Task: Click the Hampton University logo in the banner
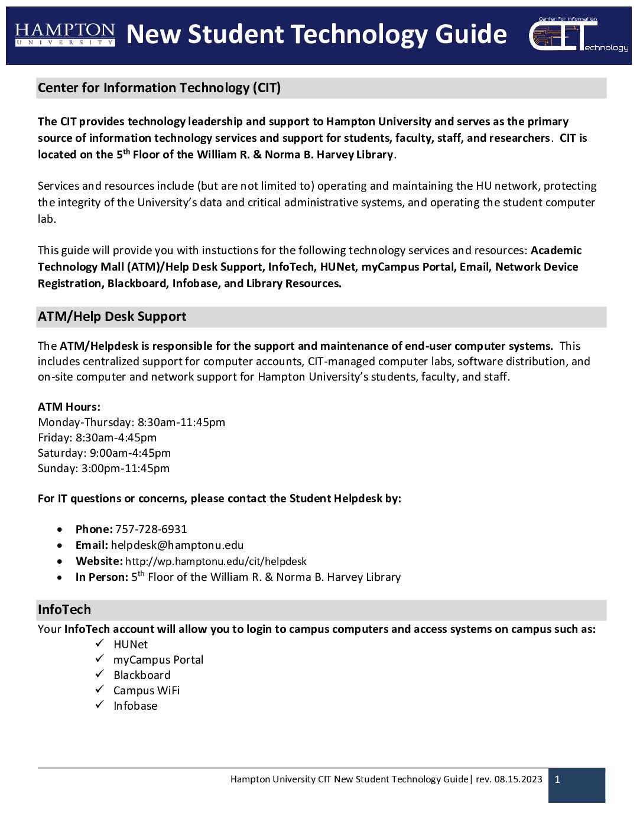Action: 65,35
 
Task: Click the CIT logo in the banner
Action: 578,35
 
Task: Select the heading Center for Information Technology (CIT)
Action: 159,88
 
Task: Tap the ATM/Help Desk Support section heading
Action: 112,317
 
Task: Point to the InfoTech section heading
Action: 64,610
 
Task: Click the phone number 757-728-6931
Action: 151,529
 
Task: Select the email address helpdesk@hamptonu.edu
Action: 177,545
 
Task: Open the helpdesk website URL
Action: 216,561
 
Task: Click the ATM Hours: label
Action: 69,407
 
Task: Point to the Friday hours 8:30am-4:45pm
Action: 116,438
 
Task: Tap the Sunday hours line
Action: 103,469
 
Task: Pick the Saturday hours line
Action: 104,453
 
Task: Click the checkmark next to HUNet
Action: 100,643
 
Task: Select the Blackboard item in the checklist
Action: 142,675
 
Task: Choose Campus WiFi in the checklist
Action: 147,691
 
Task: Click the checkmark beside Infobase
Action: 100,704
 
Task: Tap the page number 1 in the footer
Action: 557,780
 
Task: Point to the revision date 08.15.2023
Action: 518,779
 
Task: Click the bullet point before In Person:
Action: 60,577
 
